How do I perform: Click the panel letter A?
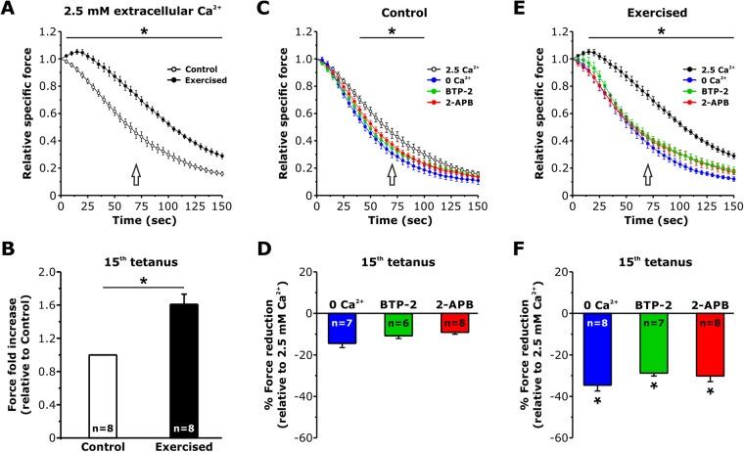click(10, 11)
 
